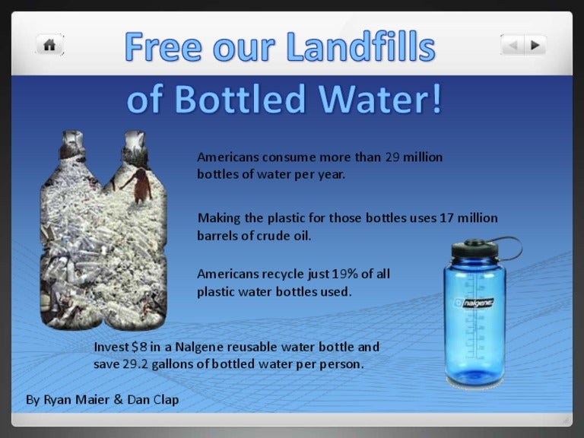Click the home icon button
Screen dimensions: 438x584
pos(49,45)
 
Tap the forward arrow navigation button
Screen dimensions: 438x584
pos(535,46)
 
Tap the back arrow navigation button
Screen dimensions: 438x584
pos(513,46)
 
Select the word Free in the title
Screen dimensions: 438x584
pos(160,47)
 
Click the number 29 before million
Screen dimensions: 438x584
pos(392,157)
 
